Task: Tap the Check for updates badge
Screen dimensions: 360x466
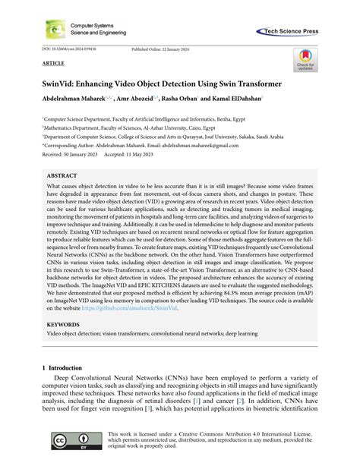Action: [305, 59]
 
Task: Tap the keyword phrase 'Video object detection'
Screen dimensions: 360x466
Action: [74, 333]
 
